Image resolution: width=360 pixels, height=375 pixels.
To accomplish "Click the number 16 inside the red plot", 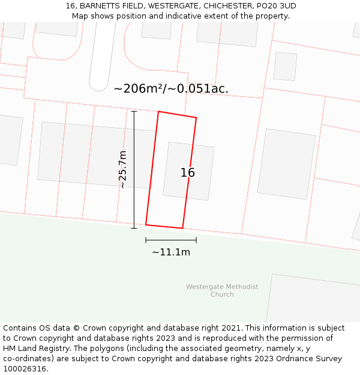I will tap(188, 173).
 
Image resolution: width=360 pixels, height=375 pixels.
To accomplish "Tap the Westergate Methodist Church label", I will tap(222, 290).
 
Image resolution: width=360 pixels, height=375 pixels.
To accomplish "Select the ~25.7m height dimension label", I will tap(122, 170).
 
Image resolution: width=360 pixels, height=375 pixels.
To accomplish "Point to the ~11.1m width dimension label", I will tap(171, 253).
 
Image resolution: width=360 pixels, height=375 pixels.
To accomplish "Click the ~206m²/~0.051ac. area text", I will tap(171, 89).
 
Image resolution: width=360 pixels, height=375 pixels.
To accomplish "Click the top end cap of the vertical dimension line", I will tap(134, 112).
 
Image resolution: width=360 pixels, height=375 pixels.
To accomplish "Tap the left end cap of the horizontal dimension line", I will tap(146, 240).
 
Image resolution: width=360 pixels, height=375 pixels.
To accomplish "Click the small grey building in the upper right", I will tap(285, 66).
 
